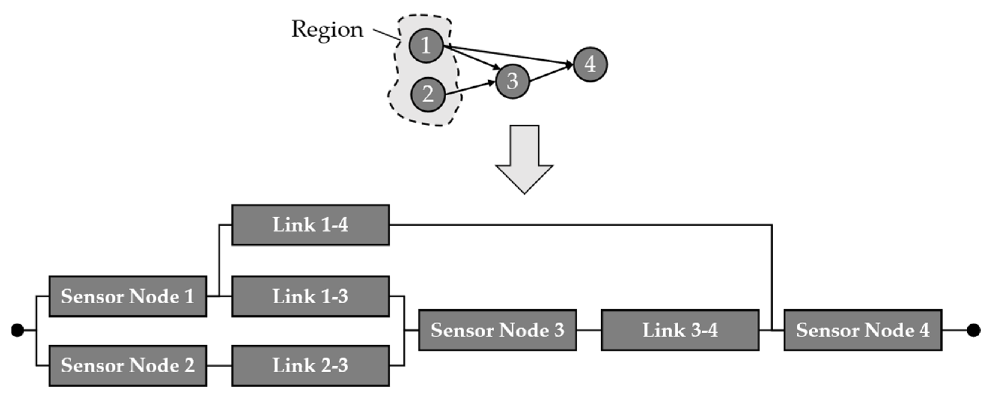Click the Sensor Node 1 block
[128, 296]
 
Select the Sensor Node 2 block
[128, 366]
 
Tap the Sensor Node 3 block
[498, 330]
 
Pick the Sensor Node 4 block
[863, 330]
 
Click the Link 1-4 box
[310, 225]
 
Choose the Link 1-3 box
[310, 296]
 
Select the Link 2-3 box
[310, 366]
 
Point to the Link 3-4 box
[680, 330]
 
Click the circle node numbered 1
[426, 46]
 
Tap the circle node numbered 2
[428, 94]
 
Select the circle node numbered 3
[512, 81]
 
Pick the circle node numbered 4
[590, 64]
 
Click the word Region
[327, 30]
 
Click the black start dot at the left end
[17, 330]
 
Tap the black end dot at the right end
[973, 330]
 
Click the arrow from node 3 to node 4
[550, 73]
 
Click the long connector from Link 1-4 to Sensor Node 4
[579, 225]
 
